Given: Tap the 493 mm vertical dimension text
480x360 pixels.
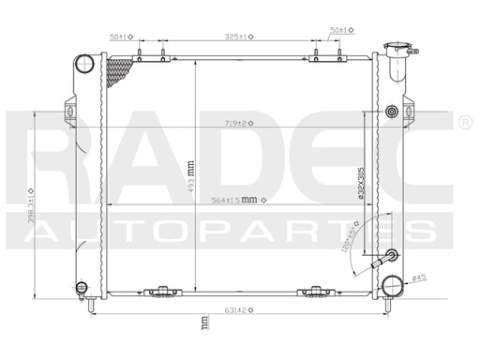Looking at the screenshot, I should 192,171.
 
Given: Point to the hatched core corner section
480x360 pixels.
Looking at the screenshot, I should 122,73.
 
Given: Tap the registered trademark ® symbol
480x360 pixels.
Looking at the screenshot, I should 466,123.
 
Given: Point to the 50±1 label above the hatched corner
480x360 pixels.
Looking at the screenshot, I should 120,36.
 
